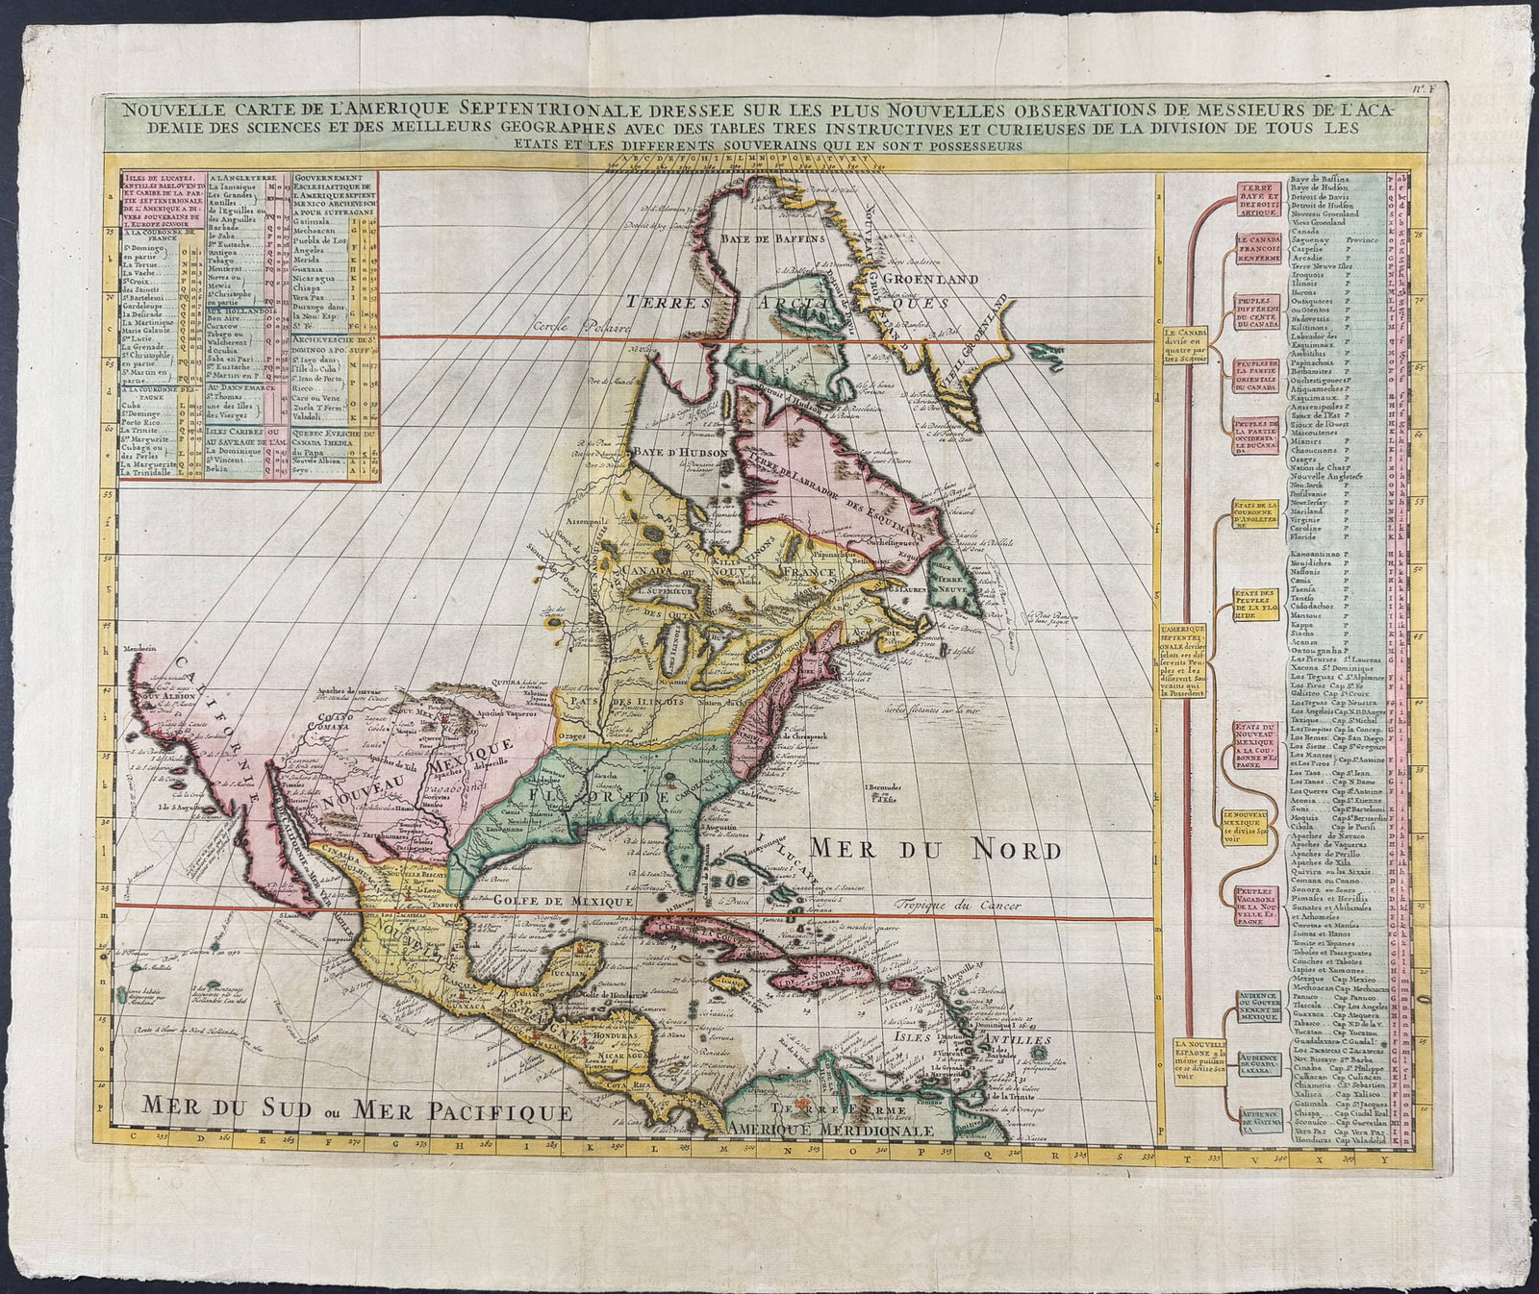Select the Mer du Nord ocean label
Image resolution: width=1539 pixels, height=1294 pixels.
pyautogui.click(x=934, y=849)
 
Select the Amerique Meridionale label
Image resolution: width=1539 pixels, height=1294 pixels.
pyautogui.click(x=830, y=1131)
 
